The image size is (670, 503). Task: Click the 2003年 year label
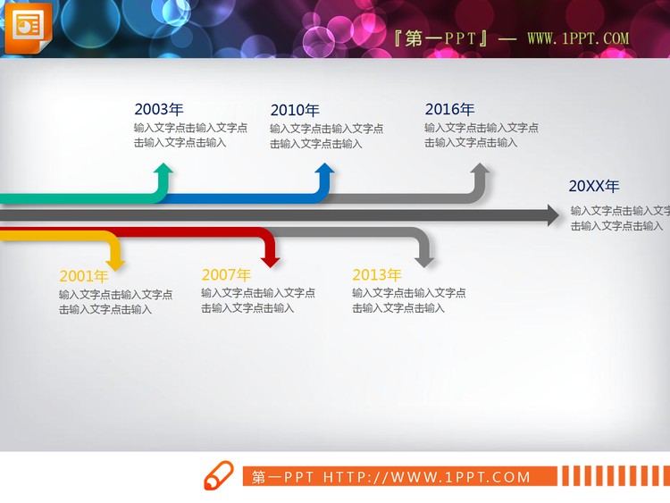158,109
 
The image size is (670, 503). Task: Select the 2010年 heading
294,111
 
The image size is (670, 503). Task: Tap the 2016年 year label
449,109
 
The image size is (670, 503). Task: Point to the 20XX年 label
593,186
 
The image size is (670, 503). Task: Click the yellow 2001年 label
84,276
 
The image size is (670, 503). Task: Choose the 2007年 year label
226,275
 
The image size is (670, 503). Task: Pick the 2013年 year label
376,275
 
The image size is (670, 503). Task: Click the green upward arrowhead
162,171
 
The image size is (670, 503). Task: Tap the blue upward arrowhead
324,171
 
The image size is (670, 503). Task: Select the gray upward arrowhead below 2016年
480,171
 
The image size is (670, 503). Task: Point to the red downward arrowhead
271,260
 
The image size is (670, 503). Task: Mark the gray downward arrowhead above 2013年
424,260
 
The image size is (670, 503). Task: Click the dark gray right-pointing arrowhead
552,214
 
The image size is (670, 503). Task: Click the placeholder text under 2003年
190,135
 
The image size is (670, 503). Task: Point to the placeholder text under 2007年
257,300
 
